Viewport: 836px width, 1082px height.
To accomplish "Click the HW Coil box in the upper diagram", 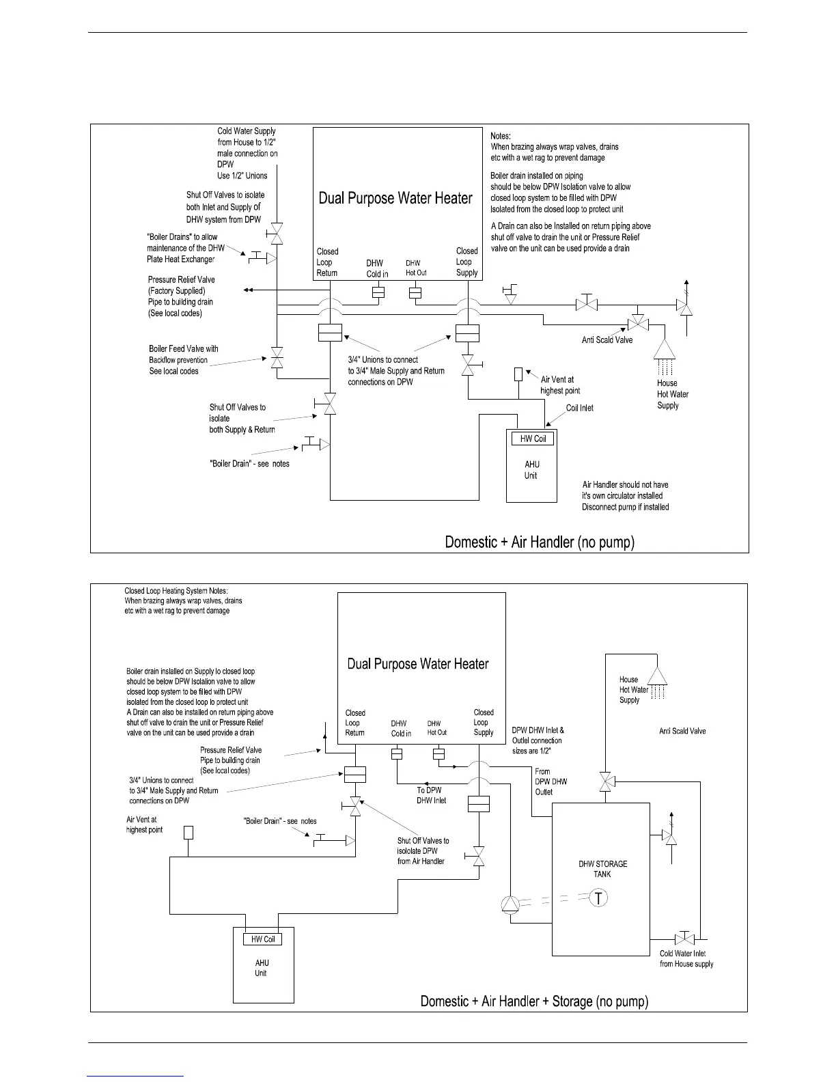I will click(x=533, y=439).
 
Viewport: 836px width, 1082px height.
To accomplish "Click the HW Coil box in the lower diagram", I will click(x=263, y=939).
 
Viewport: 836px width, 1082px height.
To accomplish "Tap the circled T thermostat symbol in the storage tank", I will click(x=599, y=898).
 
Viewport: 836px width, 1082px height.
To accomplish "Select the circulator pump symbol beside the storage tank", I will click(x=510, y=904).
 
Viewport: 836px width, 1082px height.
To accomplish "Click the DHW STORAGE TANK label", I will click(x=602, y=869).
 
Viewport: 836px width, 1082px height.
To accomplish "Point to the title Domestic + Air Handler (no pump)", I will click(x=540, y=542).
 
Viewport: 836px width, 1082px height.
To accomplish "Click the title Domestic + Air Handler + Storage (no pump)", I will click(x=534, y=1001).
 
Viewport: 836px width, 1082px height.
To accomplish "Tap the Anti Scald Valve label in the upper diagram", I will click(x=607, y=339).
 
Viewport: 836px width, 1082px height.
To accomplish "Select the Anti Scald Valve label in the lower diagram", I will click(x=682, y=731).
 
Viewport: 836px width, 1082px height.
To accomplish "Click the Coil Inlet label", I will click(x=579, y=408).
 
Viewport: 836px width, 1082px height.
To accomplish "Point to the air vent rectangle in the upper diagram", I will click(x=518, y=374).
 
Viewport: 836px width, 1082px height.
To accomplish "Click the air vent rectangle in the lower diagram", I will click(x=188, y=833).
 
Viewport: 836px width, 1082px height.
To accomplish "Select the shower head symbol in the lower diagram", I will click(x=657, y=676).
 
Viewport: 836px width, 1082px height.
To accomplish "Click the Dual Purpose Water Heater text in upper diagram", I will click(x=395, y=198).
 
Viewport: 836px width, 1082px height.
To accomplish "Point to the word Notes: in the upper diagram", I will click(x=501, y=136).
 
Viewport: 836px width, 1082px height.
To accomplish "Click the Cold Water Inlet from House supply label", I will click(x=686, y=958).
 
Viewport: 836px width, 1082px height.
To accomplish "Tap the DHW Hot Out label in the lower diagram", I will click(x=437, y=727).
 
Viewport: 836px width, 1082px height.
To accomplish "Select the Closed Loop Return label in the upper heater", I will click(x=327, y=262).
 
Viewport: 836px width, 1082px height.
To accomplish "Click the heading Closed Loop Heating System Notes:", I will click(x=176, y=591).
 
